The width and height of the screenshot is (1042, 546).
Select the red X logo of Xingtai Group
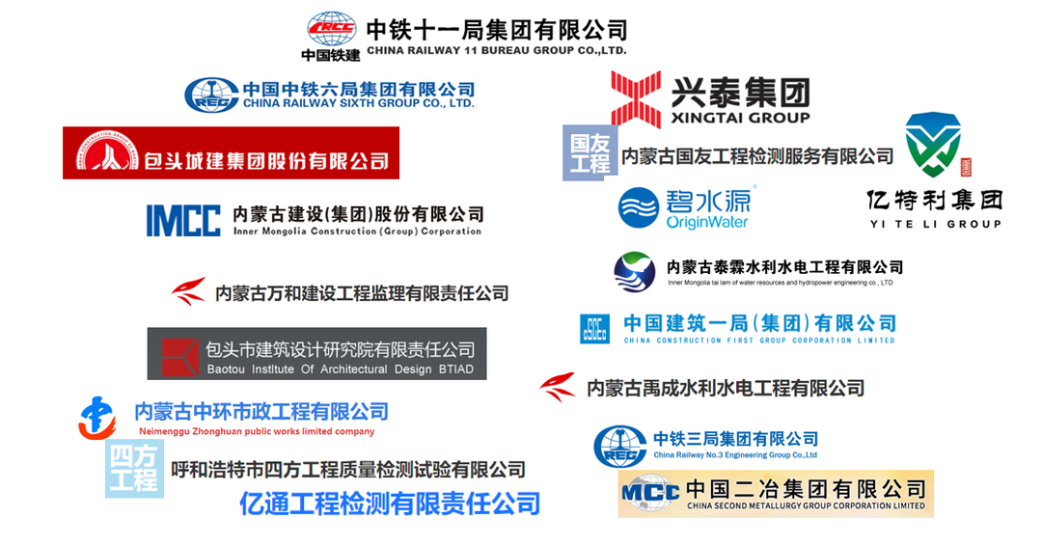[x=636, y=98]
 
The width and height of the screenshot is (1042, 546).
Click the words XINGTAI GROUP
[x=739, y=118]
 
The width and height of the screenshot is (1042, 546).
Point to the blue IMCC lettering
[x=183, y=220]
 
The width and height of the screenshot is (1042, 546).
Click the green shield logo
[x=932, y=144]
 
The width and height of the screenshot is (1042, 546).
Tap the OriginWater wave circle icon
[x=638, y=207]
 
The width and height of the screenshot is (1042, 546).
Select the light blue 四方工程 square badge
[x=134, y=469]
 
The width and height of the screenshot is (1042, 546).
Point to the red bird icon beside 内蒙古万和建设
[x=189, y=291]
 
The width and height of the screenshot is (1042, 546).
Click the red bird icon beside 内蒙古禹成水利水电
[x=558, y=387]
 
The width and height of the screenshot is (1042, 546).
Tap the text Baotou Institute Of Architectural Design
[x=328, y=369]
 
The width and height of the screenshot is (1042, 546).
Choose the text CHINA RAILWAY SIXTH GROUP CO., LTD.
[x=358, y=102]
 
